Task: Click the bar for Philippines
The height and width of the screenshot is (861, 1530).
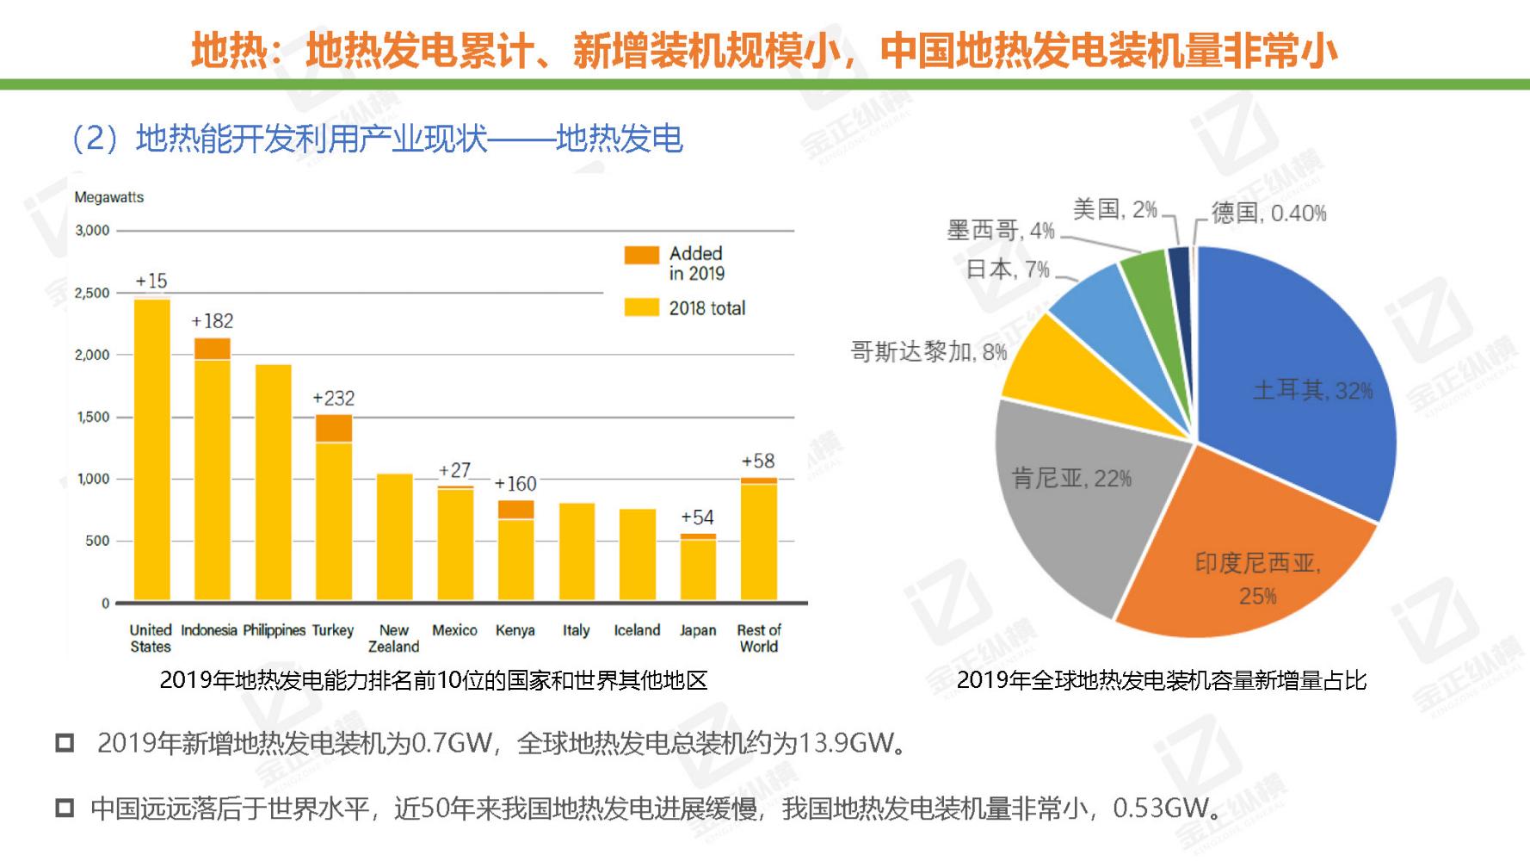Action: click(274, 482)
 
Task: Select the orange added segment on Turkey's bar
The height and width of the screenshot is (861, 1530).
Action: click(334, 429)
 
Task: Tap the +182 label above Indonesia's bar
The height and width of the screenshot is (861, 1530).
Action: click(213, 321)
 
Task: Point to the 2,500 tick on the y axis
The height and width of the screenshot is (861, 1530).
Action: click(92, 293)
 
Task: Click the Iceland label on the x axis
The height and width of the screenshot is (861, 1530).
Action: click(637, 630)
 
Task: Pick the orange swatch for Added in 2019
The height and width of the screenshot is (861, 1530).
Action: click(641, 255)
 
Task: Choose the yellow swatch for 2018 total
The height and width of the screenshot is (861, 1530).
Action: click(641, 307)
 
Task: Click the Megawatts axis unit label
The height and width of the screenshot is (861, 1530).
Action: click(109, 197)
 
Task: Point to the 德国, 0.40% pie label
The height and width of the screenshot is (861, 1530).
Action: click(1268, 213)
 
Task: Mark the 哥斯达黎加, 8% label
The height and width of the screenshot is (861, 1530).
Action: click(928, 351)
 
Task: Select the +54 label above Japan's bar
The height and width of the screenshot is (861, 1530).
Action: click(697, 517)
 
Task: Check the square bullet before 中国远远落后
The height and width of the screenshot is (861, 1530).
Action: click(65, 808)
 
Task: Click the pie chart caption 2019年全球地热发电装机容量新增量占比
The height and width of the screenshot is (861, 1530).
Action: click(1162, 680)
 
